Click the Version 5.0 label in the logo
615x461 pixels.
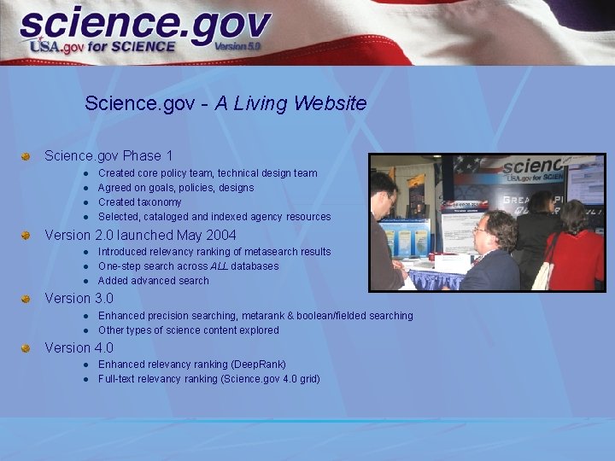point(237,45)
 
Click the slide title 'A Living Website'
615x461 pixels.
point(290,103)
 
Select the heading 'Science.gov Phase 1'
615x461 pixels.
point(108,155)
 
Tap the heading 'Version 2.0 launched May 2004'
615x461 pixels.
point(140,235)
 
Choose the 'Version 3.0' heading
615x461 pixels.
point(79,298)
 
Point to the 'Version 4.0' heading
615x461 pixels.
point(79,347)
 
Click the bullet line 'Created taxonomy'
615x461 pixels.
point(140,202)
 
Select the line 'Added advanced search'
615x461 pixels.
point(153,280)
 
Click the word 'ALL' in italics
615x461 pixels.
point(220,266)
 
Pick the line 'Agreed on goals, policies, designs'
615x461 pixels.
point(176,188)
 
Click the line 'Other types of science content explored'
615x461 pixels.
point(188,330)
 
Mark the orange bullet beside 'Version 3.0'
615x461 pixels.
point(26,299)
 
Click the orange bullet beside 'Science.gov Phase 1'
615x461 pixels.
point(26,156)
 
